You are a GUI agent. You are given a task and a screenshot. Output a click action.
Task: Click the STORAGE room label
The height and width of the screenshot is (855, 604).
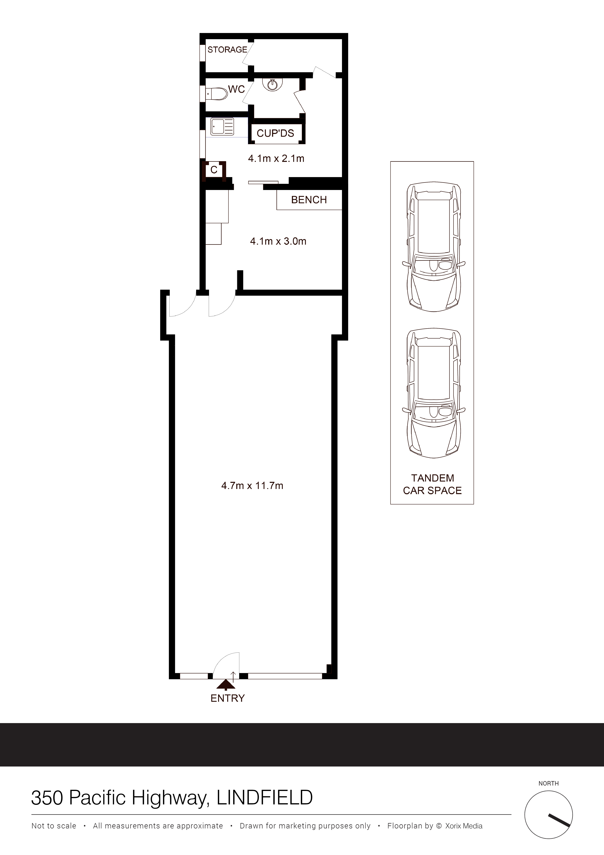click(x=227, y=50)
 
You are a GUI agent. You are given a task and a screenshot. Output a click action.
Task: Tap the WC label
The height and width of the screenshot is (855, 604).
click(x=236, y=89)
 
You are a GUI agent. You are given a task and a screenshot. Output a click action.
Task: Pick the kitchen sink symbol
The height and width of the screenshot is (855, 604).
click(x=222, y=127)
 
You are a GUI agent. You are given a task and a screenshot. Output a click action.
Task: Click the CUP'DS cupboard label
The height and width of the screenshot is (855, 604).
click(x=275, y=133)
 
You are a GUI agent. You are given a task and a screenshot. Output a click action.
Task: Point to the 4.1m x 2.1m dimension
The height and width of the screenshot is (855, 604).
click(x=276, y=159)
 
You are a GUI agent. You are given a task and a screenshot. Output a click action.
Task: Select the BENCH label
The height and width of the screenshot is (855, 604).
click(x=309, y=200)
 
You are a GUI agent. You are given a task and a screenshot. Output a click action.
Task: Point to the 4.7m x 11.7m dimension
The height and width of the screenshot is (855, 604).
click(x=252, y=486)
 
